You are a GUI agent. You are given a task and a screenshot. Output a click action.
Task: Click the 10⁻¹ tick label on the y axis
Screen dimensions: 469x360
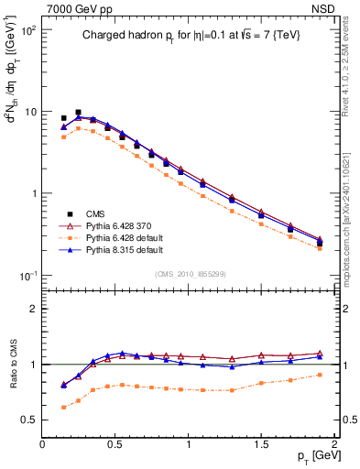[x=27, y=276]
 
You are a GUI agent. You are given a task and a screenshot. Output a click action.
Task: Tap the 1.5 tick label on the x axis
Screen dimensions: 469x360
[x=261, y=444]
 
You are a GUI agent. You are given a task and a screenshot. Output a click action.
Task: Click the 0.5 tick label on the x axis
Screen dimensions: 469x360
[x=115, y=444]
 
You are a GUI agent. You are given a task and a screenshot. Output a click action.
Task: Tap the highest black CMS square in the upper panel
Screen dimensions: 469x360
[x=78, y=112]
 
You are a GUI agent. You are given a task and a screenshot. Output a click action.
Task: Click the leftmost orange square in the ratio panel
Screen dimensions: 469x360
[x=63, y=408]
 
